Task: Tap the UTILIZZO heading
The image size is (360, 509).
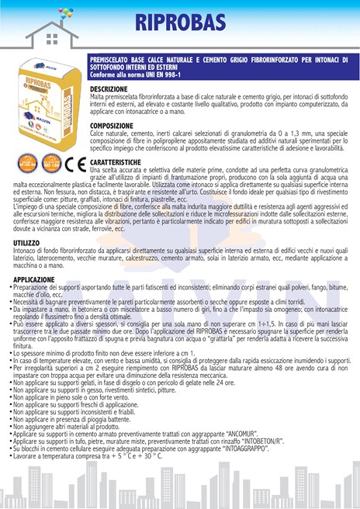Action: tap(26, 243)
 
